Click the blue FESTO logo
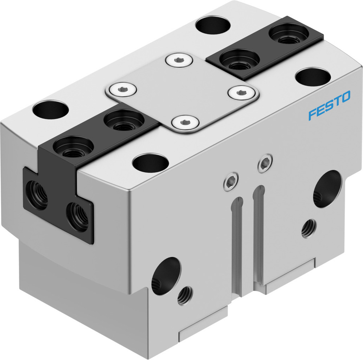pyautogui.click(x=329, y=106)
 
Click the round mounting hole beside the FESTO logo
pyautogui.click(x=313, y=76)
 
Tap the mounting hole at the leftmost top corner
pyautogui.click(x=50, y=109)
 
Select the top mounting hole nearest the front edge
pyautogui.click(x=151, y=162)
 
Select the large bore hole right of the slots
pyautogui.click(x=327, y=189)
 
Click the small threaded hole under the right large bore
pyautogui.click(x=309, y=228)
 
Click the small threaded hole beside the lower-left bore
pyautogui.click(x=185, y=295)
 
